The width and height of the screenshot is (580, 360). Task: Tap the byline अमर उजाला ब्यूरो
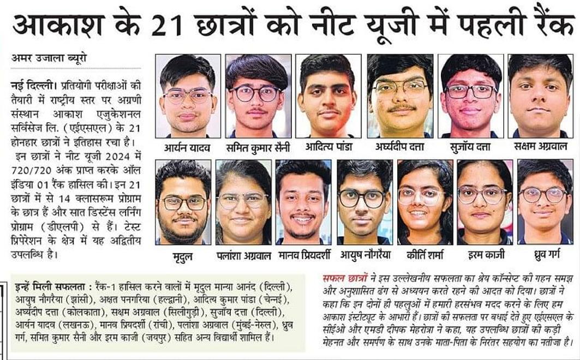49,57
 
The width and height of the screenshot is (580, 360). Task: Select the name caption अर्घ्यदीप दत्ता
400,147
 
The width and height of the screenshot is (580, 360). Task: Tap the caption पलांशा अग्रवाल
243,254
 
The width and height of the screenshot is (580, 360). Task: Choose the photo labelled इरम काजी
485,202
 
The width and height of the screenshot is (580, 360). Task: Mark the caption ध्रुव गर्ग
545,254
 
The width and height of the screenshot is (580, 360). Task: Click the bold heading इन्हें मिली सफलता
48,286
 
